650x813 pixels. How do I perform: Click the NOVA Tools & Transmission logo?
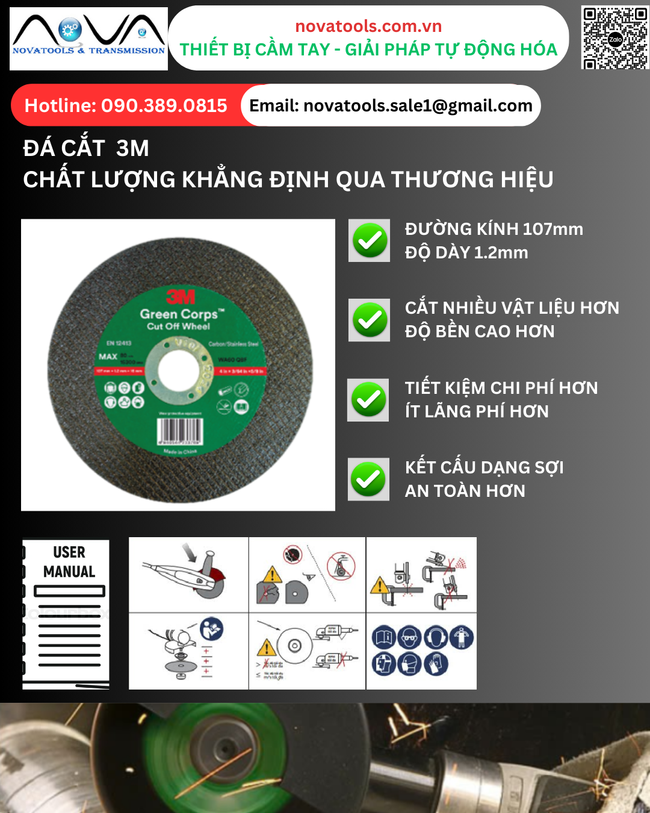click(x=88, y=38)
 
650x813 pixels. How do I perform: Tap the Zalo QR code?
click(x=614, y=38)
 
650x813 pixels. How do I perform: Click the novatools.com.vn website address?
click(x=368, y=26)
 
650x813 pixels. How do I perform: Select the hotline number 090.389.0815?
click(x=164, y=106)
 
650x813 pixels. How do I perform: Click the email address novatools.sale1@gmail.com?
click(x=418, y=106)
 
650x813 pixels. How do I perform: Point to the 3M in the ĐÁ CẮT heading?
click(x=132, y=148)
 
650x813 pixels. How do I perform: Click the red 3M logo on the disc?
click(x=181, y=296)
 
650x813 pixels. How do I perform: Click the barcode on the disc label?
click(x=179, y=431)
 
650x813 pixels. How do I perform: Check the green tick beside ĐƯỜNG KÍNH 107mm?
click(x=370, y=241)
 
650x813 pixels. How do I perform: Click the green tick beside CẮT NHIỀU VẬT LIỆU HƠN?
click(x=370, y=320)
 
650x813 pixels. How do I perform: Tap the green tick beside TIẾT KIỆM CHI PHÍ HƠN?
click(x=368, y=400)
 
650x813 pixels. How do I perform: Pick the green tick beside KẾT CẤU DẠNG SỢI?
click(x=368, y=480)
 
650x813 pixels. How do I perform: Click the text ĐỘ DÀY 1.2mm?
click(x=466, y=252)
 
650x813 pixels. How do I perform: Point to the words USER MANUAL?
click(x=69, y=562)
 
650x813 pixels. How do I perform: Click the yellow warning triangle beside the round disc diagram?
click(x=266, y=648)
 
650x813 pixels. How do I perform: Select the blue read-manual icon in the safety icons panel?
click(x=384, y=637)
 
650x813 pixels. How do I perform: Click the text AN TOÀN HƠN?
click(x=465, y=491)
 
